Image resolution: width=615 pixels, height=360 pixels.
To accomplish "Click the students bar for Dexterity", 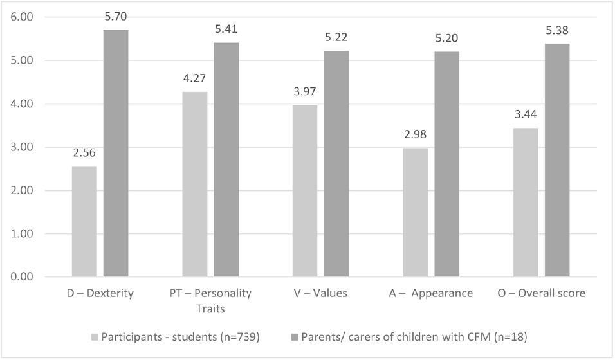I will point(84,221).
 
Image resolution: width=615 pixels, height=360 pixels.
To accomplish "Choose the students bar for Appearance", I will point(416,212).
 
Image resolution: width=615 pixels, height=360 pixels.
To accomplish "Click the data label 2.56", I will point(84,154).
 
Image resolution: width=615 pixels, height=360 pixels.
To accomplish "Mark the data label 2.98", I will point(416,136).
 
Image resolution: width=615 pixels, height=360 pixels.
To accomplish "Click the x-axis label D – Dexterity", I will point(100,293).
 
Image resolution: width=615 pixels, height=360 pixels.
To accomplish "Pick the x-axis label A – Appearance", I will point(431,293).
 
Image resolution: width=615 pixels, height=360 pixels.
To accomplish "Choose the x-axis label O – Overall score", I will point(542,293).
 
